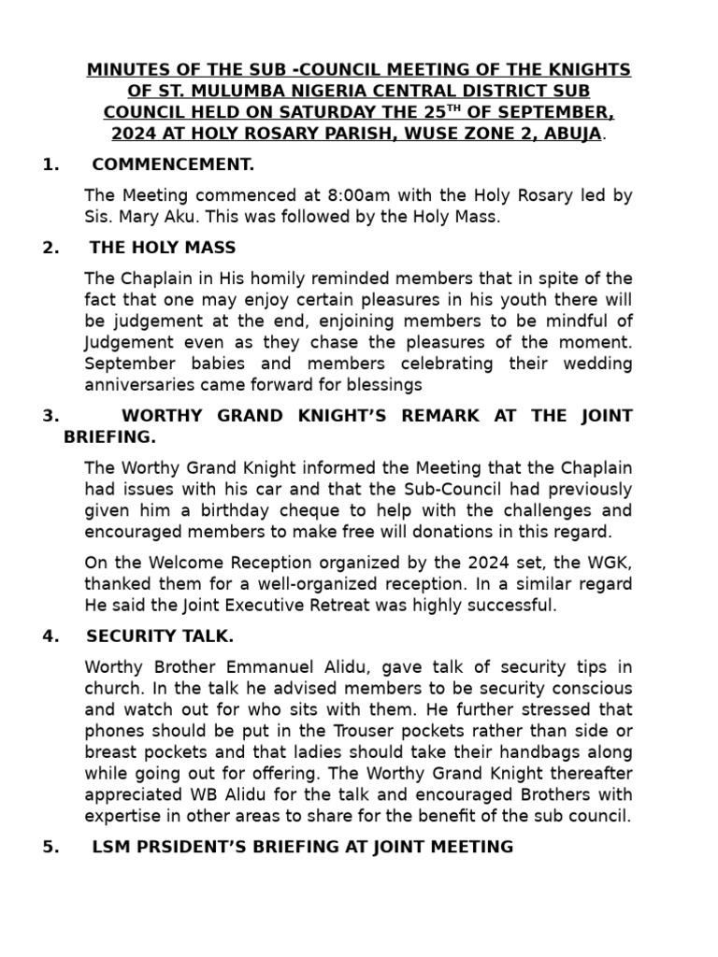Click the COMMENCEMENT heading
coord(173,165)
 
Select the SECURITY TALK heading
coord(160,636)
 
